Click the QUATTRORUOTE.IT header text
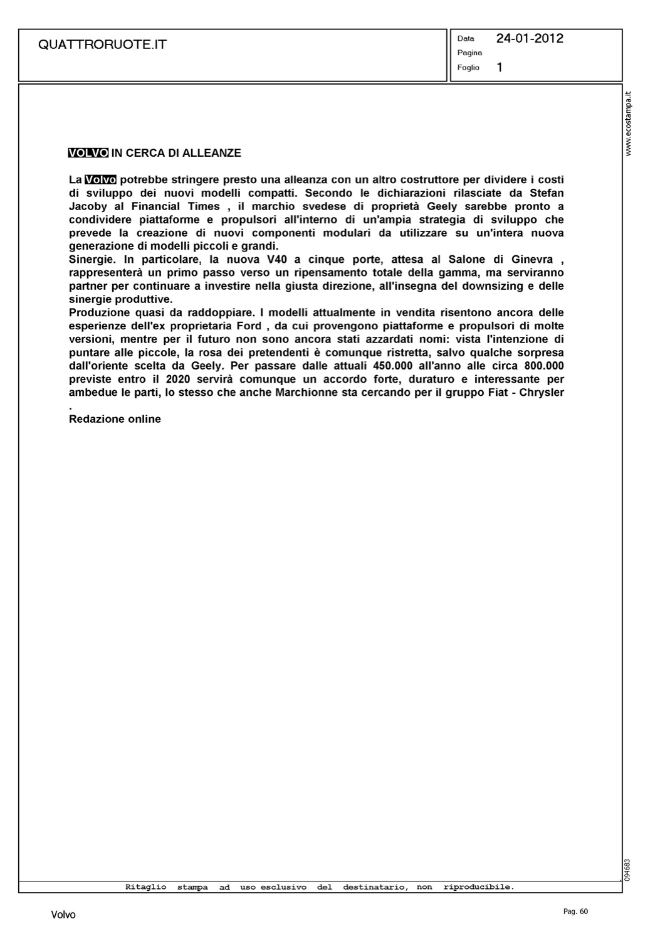tap(102, 45)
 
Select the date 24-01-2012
tap(530, 38)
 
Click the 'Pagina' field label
tap(469, 53)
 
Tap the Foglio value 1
tap(500, 67)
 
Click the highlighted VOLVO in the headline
tap(88, 153)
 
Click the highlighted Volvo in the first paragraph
tap(101, 180)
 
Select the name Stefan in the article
tap(547, 193)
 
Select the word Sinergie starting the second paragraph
tap(93, 259)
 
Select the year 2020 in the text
tap(178, 379)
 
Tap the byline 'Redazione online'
tap(115, 419)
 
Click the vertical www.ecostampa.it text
tap(629, 124)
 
